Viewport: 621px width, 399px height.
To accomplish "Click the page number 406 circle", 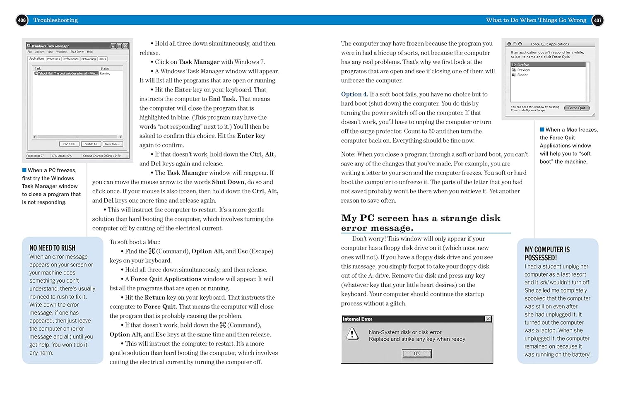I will (22, 20).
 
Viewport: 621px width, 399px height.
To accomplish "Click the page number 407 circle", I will (597, 20).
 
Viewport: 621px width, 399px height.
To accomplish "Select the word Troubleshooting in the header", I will (55, 20).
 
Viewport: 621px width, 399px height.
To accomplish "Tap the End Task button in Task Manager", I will (69, 144).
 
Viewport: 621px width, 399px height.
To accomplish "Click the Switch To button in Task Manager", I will (91, 144).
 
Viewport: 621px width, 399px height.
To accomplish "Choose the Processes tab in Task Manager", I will (53, 59).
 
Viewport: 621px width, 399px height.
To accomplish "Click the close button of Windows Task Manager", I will (125, 46).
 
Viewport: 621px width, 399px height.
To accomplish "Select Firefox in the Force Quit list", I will (523, 65).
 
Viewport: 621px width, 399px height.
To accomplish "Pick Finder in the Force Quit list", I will (522, 75).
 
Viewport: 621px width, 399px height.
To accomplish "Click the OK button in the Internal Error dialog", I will (417, 353).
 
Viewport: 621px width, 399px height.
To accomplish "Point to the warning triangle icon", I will (352, 334).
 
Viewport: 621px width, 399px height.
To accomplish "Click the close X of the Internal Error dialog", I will (488, 319).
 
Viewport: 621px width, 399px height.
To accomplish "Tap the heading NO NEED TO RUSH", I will (52, 248).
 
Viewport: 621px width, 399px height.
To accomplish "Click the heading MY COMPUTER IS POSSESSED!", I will (547, 253).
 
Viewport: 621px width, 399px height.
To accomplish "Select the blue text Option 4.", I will (354, 94).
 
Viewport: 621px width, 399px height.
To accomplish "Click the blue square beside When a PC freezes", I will (24, 170).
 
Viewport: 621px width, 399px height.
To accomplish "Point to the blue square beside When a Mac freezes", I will (542, 130).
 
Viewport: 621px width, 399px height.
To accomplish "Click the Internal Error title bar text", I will (357, 319).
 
